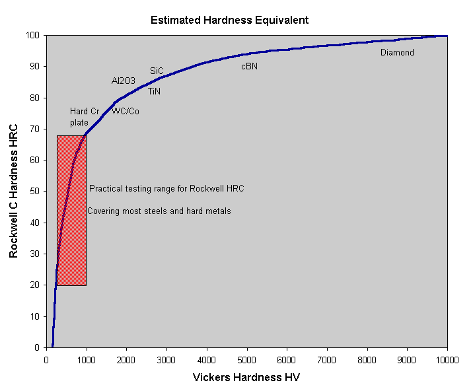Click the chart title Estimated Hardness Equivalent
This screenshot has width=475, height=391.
click(x=229, y=20)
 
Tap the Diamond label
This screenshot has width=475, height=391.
click(x=397, y=52)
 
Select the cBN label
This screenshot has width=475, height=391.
click(x=249, y=67)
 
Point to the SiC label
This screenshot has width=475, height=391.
click(x=157, y=70)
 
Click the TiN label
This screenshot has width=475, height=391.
click(x=154, y=91)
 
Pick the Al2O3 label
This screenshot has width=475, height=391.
click(x=123, y=81)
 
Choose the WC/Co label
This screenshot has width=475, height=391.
click(x=126, y=111)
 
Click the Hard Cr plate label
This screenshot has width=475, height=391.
click(x=84, y=117)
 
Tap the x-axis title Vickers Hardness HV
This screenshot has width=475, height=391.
click(x=247, y=378)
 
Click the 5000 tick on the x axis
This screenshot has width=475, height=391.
click(x=246, y=360)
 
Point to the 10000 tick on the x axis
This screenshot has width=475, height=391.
click(x=447, y=360)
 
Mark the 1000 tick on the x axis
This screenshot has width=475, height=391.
click(x=86, y=360)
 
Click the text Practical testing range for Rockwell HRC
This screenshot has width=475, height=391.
click(x=166, y=189)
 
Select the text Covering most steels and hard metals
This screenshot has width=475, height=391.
click(x=159, y=211)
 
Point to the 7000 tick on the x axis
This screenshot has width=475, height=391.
click(x=327, y=360)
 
